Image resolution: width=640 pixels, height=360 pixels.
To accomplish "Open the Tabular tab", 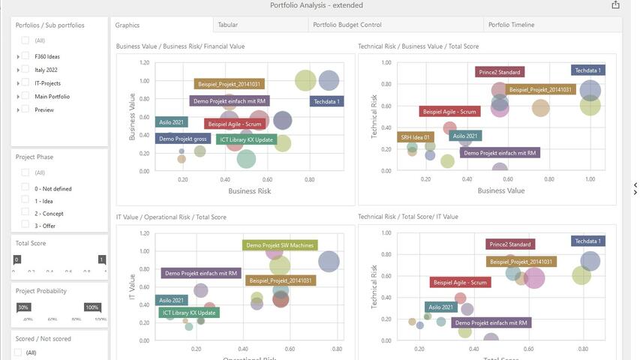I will (x=228, y=25).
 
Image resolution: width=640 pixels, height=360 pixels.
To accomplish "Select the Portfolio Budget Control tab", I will (x=347, y=25).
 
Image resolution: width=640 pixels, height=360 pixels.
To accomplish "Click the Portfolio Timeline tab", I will (x=511, y=25).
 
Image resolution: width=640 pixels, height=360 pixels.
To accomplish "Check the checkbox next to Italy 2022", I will (x=26, y=70).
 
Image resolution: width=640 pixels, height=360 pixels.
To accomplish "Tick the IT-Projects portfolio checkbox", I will (x=26, y=83).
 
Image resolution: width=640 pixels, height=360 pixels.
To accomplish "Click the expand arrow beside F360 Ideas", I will (x=18, y=56).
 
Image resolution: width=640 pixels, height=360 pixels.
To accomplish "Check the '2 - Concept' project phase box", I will (x=26, y=213).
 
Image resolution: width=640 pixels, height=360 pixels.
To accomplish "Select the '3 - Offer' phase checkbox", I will (x=26, y=225).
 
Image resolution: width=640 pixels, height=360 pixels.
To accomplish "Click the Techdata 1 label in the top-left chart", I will (x=326, y=101).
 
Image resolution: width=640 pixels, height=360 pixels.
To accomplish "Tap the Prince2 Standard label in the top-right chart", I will (x=499, y=72).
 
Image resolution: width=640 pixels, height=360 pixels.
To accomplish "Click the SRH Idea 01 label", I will (x=416, y=137).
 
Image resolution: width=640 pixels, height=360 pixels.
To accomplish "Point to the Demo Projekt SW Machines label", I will (x=280, y=245).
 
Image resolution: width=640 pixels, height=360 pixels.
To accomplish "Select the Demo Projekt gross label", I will (x=182, y=139).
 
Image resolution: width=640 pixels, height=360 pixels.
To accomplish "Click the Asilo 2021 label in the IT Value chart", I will (x=172, y=300).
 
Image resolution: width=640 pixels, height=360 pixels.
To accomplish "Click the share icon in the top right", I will (x=616, y=5).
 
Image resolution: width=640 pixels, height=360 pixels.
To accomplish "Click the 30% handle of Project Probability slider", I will (x=23, y=307).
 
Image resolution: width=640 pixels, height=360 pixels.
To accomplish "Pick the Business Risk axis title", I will (x=249, y=191).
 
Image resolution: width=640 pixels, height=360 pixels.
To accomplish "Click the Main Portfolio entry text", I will (x=52, y=97).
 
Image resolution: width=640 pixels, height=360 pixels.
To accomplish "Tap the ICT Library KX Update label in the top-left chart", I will (x=246, y=139).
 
